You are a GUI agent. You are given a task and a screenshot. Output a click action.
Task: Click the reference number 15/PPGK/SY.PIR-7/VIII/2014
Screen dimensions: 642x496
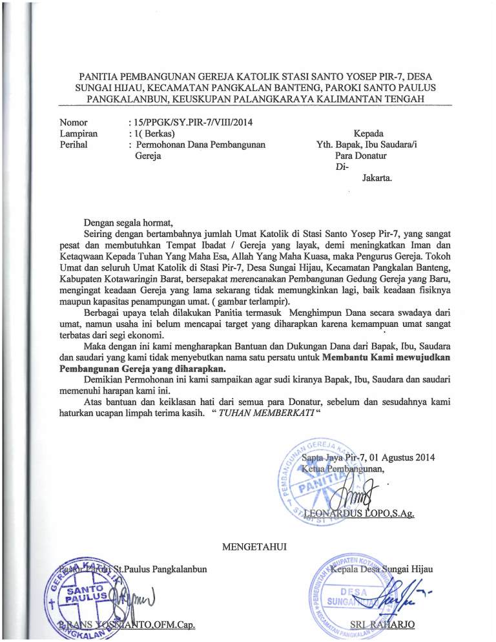185,121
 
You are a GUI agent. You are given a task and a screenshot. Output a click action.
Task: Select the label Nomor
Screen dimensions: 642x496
74,121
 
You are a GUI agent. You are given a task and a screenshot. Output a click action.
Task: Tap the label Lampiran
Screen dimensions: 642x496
78,133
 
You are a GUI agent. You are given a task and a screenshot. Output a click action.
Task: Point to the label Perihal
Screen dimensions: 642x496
73,145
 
